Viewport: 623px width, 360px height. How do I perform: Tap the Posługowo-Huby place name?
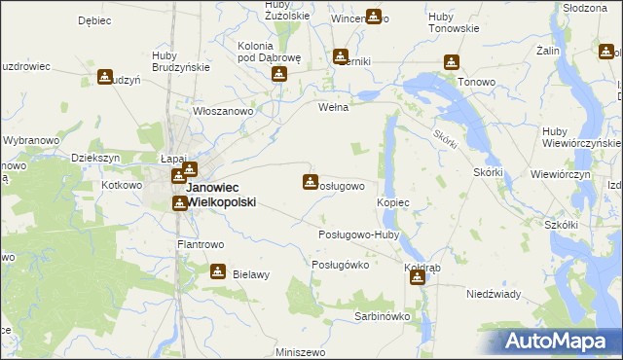359,234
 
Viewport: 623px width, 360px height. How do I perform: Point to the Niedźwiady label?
495,293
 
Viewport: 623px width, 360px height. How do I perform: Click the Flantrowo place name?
201,244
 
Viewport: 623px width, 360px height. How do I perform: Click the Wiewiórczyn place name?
561,174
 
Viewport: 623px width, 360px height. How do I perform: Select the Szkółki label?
562,225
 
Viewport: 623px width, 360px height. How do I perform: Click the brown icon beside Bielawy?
218,272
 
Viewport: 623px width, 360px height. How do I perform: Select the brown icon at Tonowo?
451,63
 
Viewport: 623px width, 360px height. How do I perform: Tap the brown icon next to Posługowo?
311,181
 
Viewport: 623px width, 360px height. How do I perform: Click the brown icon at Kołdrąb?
418,278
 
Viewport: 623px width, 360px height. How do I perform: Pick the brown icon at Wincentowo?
373,17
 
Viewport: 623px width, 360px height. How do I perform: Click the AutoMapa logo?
559,341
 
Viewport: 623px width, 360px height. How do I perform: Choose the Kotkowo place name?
122,184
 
